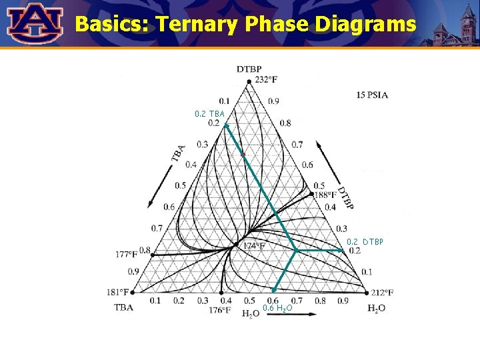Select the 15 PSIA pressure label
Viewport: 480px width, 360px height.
372,95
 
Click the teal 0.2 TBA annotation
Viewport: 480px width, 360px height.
209,113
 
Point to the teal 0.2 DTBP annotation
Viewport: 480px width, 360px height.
365,241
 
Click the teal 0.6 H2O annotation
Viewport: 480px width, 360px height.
277,308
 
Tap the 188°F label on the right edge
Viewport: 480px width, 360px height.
326,195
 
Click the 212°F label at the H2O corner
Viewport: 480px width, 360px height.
381,292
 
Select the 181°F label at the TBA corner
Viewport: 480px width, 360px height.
116,292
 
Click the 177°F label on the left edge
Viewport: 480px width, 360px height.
126,254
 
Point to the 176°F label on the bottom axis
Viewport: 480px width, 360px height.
219,310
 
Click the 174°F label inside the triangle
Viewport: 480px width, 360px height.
254,246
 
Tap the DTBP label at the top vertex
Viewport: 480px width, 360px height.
249,69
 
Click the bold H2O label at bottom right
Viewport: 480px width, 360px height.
377,308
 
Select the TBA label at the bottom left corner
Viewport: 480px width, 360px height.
124,307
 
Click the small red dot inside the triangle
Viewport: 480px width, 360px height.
243,154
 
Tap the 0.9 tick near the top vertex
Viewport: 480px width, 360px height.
274,101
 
